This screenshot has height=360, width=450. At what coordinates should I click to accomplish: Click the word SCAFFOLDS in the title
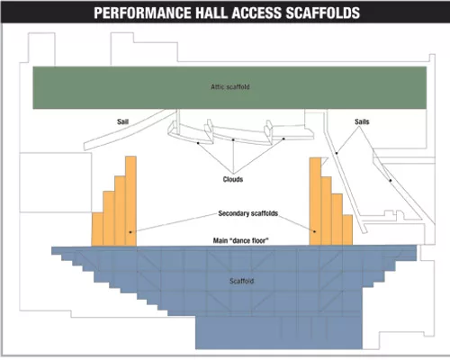click(323, 13)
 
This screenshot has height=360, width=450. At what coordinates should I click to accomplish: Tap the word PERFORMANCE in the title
click(142, 13)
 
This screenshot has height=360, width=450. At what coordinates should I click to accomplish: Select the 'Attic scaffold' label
click(230, 86)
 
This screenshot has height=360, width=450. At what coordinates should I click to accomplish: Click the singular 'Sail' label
click(122, 121)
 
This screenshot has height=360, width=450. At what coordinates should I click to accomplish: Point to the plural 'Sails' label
click(362, 121)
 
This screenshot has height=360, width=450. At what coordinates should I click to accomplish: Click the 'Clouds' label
click(233, 179)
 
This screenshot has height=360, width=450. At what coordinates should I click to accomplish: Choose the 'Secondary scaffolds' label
click(248, 213)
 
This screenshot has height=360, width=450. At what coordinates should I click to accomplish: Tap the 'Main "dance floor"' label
click(241, 240)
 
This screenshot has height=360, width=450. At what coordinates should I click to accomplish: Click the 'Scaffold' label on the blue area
click(242, 281)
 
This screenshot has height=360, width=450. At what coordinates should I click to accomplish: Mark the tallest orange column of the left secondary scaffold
click(130, 201)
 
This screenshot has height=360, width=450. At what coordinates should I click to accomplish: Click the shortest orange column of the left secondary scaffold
click(97, 229)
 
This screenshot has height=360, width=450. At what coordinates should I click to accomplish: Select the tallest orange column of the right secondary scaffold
click(315, 202)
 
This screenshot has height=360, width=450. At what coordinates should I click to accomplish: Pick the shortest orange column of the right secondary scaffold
click(347, 230)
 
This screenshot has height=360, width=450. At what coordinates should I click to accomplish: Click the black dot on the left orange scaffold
click(130, 232)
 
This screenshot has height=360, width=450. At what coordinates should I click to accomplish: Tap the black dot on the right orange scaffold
click(315, 231)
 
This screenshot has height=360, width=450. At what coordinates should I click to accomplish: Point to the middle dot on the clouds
click(233, 139)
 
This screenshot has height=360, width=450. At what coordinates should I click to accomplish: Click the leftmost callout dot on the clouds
click(198, 143)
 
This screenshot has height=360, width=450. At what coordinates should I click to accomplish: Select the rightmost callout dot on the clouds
click(283, 139)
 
